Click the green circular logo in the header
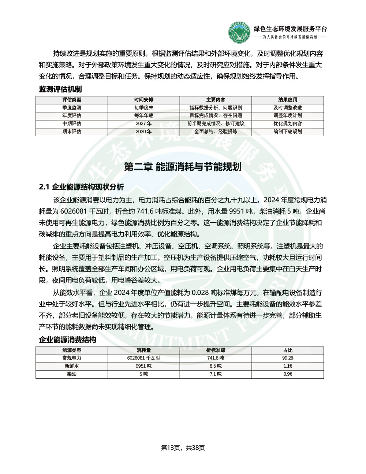pos(240,33)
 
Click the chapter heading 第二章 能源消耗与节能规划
pos(183,167)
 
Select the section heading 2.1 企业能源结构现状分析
pos(81,187)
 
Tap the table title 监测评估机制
pos(60,89)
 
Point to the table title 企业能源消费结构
pos(68,340)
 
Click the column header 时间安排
pos(144,100)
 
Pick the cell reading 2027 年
pos(144,124)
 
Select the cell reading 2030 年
pos(144,132)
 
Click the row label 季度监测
pos(72,108)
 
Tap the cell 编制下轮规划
pos(288,132)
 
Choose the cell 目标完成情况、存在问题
pos(216,116)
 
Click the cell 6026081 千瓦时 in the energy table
pos(144,358)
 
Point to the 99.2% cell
pos(288,358)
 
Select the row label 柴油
pos(72,374)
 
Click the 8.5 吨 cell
pos(216,366)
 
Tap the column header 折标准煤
pos(216,351)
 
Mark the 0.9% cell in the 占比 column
pos(288,374)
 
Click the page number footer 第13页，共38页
pos(183,448)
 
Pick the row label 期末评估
pos(72,132)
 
